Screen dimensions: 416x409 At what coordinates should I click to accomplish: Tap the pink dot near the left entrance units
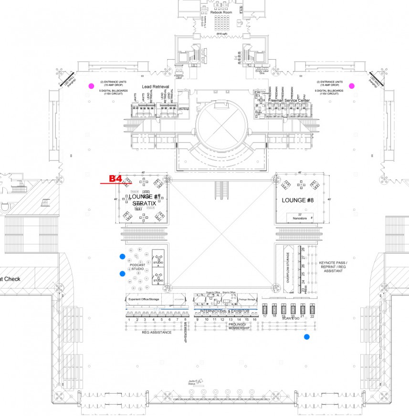coord(91,86)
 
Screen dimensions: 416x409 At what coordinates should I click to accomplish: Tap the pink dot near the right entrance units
coord(352,86)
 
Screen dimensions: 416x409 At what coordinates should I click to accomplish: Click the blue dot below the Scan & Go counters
coord(307,337)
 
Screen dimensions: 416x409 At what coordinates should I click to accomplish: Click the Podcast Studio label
coord(138,267)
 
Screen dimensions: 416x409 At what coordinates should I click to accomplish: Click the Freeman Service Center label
coord(289,101)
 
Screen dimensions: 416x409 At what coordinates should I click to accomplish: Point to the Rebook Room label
coord(220,12)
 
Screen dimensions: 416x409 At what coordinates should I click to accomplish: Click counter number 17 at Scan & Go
coord(264,316)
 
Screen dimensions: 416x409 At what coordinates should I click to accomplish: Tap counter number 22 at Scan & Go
coord(312,316)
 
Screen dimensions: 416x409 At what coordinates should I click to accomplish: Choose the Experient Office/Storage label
coord(143,299)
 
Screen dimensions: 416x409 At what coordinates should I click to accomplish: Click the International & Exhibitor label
coord(224,311)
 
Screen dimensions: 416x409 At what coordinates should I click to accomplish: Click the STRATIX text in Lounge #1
coord(144,203)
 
